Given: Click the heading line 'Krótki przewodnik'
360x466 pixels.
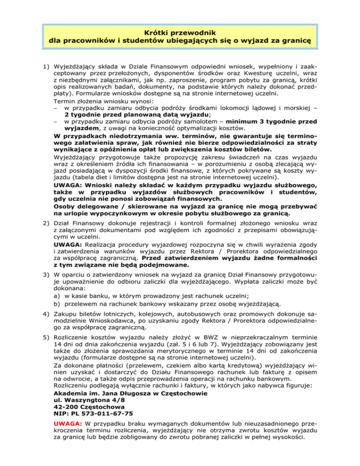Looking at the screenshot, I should [180, 32].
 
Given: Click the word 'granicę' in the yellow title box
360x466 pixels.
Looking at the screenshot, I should [295, 41].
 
